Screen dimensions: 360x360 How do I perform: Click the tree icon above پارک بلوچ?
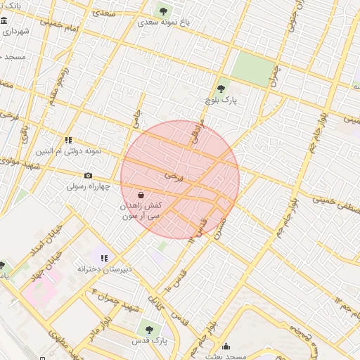(221, 89)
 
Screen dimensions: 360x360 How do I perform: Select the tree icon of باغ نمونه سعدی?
(163, 11)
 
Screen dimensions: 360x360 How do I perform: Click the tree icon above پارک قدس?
(148, 328)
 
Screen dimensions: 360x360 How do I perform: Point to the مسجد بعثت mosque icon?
(226, 346)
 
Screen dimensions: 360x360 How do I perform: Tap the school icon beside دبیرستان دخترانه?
(105, 259)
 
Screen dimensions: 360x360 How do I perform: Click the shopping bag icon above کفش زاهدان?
(141, 195)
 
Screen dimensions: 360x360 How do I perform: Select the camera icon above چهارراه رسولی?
(88, 176)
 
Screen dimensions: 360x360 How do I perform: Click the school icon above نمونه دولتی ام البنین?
(68, 140)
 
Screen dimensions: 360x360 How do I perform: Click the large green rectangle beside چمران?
(252, 69)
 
